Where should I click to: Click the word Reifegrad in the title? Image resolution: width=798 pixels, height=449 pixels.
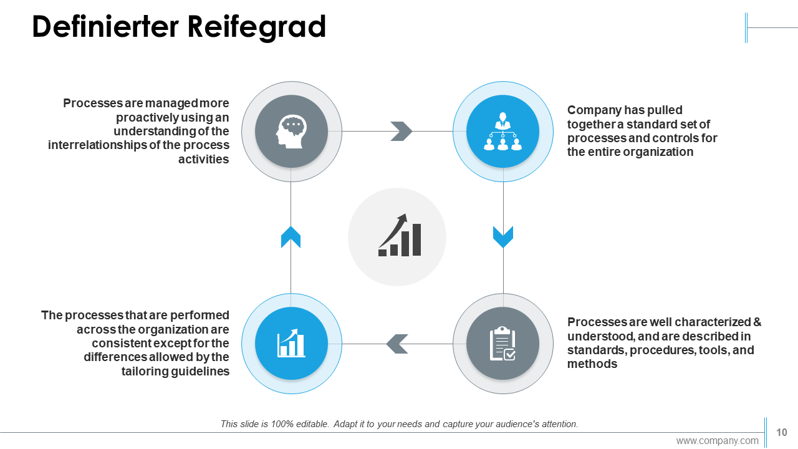coord(256,27)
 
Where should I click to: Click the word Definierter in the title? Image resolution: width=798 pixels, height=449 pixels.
coord(105,26)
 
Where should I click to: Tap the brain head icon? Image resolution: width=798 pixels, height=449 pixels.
coord(291,131)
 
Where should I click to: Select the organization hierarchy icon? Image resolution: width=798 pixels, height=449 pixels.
coord(502,131)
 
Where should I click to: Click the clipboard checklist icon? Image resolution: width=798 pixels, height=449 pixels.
coord(502,343)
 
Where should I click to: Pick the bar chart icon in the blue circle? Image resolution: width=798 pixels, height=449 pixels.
coord(291,343)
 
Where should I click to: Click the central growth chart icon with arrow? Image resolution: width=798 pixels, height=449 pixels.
coord(400,235)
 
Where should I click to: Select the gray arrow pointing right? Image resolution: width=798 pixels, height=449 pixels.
coord(401,131)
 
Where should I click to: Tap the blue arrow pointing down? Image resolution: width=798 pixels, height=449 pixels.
coord(503,236)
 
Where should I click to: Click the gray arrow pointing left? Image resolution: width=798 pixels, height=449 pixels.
coord(397,344)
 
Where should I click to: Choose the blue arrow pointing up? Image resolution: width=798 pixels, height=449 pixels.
coord(291,236)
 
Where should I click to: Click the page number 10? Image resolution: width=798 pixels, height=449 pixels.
coord(782,432)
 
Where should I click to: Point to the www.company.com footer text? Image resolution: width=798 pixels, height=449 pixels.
coord(718,441)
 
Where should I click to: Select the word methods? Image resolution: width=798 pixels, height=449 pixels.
coord(592,364)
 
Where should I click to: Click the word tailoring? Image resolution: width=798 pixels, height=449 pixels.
coord(145,371)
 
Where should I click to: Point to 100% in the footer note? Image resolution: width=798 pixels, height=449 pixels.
coord(282,424)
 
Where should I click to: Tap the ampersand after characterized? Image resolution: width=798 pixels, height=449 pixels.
coord(757,322)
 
